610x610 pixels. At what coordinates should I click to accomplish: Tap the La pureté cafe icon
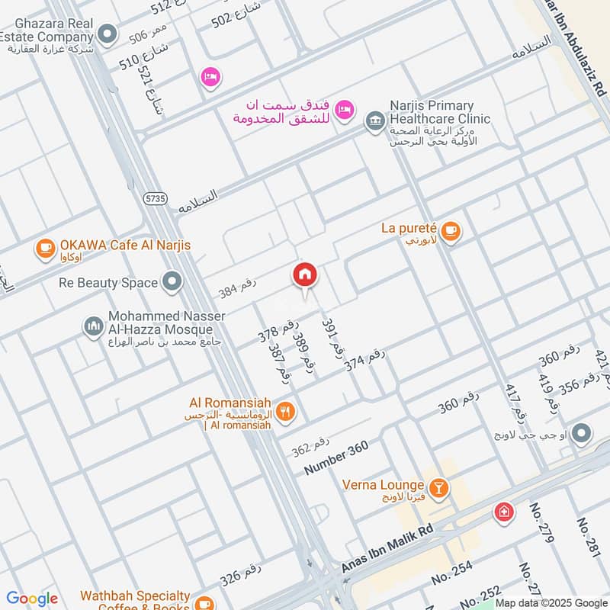[x=451, y=230]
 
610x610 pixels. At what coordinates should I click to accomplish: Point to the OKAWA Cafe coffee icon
[x=45, y=247]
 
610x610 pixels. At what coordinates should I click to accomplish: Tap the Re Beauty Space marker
[x=172, y=283]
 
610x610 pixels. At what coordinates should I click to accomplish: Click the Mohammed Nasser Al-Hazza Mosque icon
[x=93, y=326]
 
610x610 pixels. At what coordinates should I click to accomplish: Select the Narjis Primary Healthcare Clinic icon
[x=374, y=120]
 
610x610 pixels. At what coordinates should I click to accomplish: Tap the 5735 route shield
[x=155, y=198]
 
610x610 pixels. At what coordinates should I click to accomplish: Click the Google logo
[x=31, y=599]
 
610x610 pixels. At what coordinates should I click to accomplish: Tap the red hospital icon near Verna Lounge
[x=502, y=512]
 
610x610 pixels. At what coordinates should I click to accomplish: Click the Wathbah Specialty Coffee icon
[x=204, y=602]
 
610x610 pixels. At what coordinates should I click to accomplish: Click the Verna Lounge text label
[x=383, y=485]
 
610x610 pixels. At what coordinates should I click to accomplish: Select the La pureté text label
[x=408, y=228]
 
